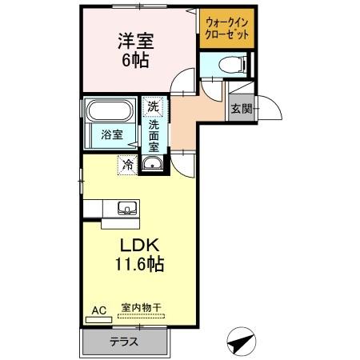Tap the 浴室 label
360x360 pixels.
112,134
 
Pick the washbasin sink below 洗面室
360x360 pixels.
153,166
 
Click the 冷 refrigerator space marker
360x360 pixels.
127,165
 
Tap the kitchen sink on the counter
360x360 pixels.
126,209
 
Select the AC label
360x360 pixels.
98,310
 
